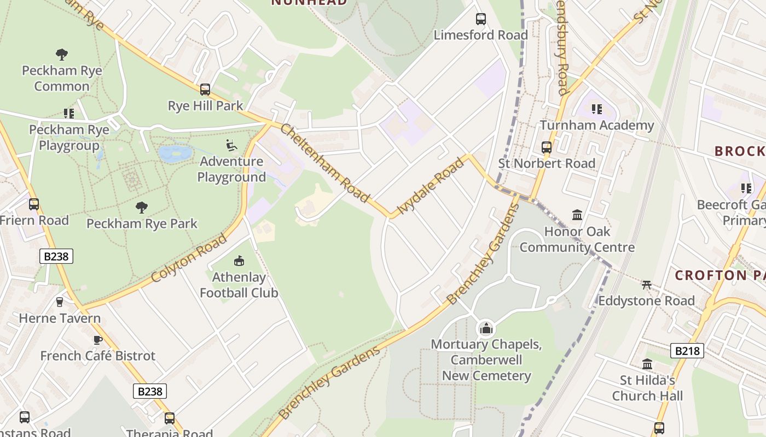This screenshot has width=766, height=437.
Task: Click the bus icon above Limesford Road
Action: [481, 19]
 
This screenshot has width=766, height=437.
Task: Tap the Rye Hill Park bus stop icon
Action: [205, 90]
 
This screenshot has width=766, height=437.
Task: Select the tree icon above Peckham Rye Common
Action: [62, 55]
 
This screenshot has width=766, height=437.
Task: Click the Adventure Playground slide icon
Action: [231, 145]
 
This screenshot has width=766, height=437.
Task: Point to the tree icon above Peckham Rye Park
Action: [142, 208]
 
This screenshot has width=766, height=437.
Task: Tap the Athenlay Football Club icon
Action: [239, 261]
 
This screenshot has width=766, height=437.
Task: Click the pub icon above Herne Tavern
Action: [60, 302]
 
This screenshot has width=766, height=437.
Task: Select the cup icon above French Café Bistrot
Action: [98, 340]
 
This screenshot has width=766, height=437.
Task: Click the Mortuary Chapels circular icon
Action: [486, 328]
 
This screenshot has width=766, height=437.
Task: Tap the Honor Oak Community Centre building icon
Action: [577, 215]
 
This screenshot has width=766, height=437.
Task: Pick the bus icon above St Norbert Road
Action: [547, 147]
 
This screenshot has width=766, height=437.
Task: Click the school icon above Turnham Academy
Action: [596, 109]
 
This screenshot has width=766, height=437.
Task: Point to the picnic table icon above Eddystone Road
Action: [647, 285]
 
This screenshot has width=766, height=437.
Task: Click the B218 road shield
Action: [687, 351]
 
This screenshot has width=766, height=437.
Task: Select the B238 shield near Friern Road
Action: [56, 256]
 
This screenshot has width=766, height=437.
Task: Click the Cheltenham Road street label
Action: [325, 163]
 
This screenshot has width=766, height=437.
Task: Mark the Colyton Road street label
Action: [188, 258]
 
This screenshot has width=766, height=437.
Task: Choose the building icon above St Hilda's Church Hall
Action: [647, 364]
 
